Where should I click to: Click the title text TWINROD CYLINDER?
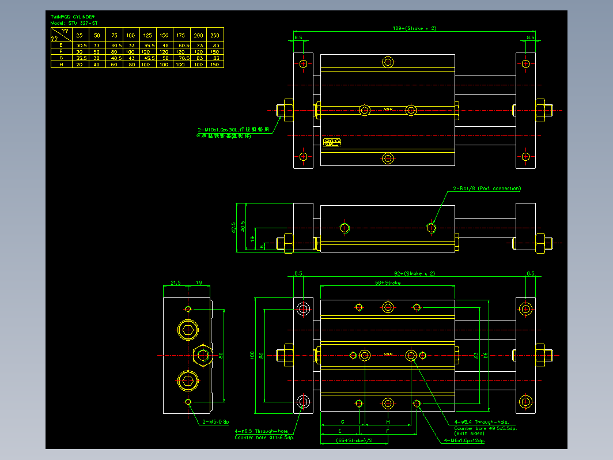click(x=73, y=17)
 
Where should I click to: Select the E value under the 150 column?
click(x=165, y=45)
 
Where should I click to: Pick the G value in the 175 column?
click(x=184, y=58)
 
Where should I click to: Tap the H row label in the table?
click(x=61, y=65)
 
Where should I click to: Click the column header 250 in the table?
click(x=215, y=35)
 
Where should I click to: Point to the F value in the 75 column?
click(x=114, y=51)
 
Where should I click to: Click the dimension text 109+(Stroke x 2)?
click(x=414, y=28)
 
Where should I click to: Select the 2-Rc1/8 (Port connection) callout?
click(x=487, y=188)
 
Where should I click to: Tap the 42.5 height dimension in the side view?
click(x=234, y=228)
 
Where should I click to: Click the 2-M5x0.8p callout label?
click(x=216, y=421)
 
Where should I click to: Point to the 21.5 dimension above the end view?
click(x=176, y=283)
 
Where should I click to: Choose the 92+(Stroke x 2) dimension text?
click(x=414, y=273)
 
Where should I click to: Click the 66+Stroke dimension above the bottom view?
click(x=388, y=283)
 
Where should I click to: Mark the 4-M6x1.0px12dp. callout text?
click(x=464, y=441)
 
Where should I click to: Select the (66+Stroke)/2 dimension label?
click(x=354, y=441)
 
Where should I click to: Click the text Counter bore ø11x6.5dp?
click(x=264, y=438)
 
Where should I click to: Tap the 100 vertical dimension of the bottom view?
click(x=252, y=355)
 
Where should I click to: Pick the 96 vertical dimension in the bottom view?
click(x=485, y=355)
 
